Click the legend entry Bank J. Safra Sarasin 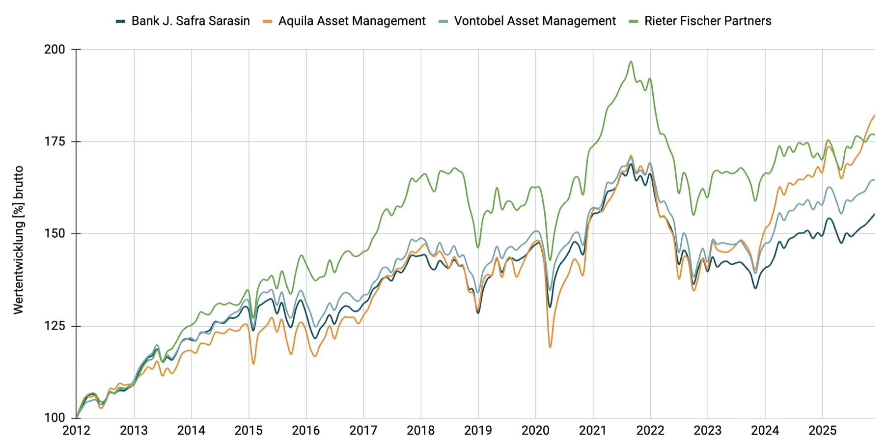[x=190, y=21]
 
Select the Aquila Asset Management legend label [x=352, y=21]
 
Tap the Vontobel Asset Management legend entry [x=534, y=21]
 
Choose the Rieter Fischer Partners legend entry [x=707, y=21]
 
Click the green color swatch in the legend [x=634, y=21]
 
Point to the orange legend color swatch [x=268, y=21]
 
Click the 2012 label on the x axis [x=76, y=431]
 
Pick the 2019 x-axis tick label [x=478, y=431]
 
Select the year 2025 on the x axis [x=822, y=431]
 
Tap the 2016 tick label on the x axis [x=305, y=431]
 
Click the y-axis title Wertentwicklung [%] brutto [x=18, y=240]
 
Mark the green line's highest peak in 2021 [x=631, y=62]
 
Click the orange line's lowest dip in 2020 [x=550, y=347]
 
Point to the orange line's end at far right [x=874, y=116]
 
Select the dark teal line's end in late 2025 [x=874, y=214]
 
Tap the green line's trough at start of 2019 [x=478, y=247]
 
